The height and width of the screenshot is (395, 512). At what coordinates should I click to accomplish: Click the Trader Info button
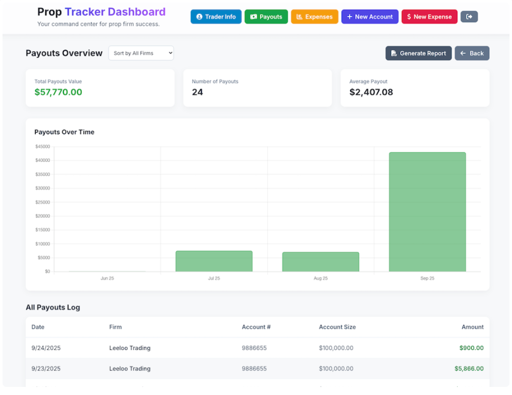pyautogui.click(x=216, y=17)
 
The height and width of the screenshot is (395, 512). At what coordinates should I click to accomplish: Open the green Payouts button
pyautogui.click(x=266, y=17)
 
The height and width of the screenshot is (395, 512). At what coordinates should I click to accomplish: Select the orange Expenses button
pyautogui.click(x=314, y=17)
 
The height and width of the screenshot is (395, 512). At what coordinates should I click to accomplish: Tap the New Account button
pyautogui.click(x=370, y=17)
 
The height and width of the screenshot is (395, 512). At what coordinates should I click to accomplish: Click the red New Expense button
pyautogui.click(x=429, y=17)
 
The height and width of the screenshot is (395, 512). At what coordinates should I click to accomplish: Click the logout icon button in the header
pyautogui.click(x=469, y=17)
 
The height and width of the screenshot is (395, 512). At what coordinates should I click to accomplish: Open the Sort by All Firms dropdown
pyautogui.click(x=141, y=53)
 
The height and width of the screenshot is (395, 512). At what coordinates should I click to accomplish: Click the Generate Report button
pyautogui.click(x=418, y=53)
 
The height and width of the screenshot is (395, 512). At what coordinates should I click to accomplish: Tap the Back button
pyautogui.click(x=472, y=53)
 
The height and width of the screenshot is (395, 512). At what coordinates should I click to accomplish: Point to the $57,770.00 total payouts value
pyautogui.click(x=58, y=92)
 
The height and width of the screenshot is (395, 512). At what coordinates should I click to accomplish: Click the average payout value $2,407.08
pyautogui.click(x=371, y=92)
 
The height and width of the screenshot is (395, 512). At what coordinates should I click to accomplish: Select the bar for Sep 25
pyautogui.click(x=427, y=212)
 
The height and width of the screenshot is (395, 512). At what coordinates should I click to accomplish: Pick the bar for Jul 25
pyautogui.click(x=214, y=261)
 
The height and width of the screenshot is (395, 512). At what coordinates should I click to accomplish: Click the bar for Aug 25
pyautogui.click(x=320, y=261)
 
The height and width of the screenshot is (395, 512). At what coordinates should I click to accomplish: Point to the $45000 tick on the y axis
pyautogui.click(x=42, y=147)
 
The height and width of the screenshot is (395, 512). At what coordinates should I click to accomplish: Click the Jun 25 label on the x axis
pyautogui.click(x=107, y=278)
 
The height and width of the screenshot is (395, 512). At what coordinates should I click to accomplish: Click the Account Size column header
pyautogui.click(x=337, y=327)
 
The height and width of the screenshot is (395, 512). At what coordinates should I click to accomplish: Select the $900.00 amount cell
pyautogui.click(x=471, y=348)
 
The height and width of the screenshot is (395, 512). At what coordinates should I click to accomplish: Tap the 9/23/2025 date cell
pyautogui.click(x=46, y=368)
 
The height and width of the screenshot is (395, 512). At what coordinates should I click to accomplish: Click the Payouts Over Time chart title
pyautogui.click(x=64, y=132)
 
